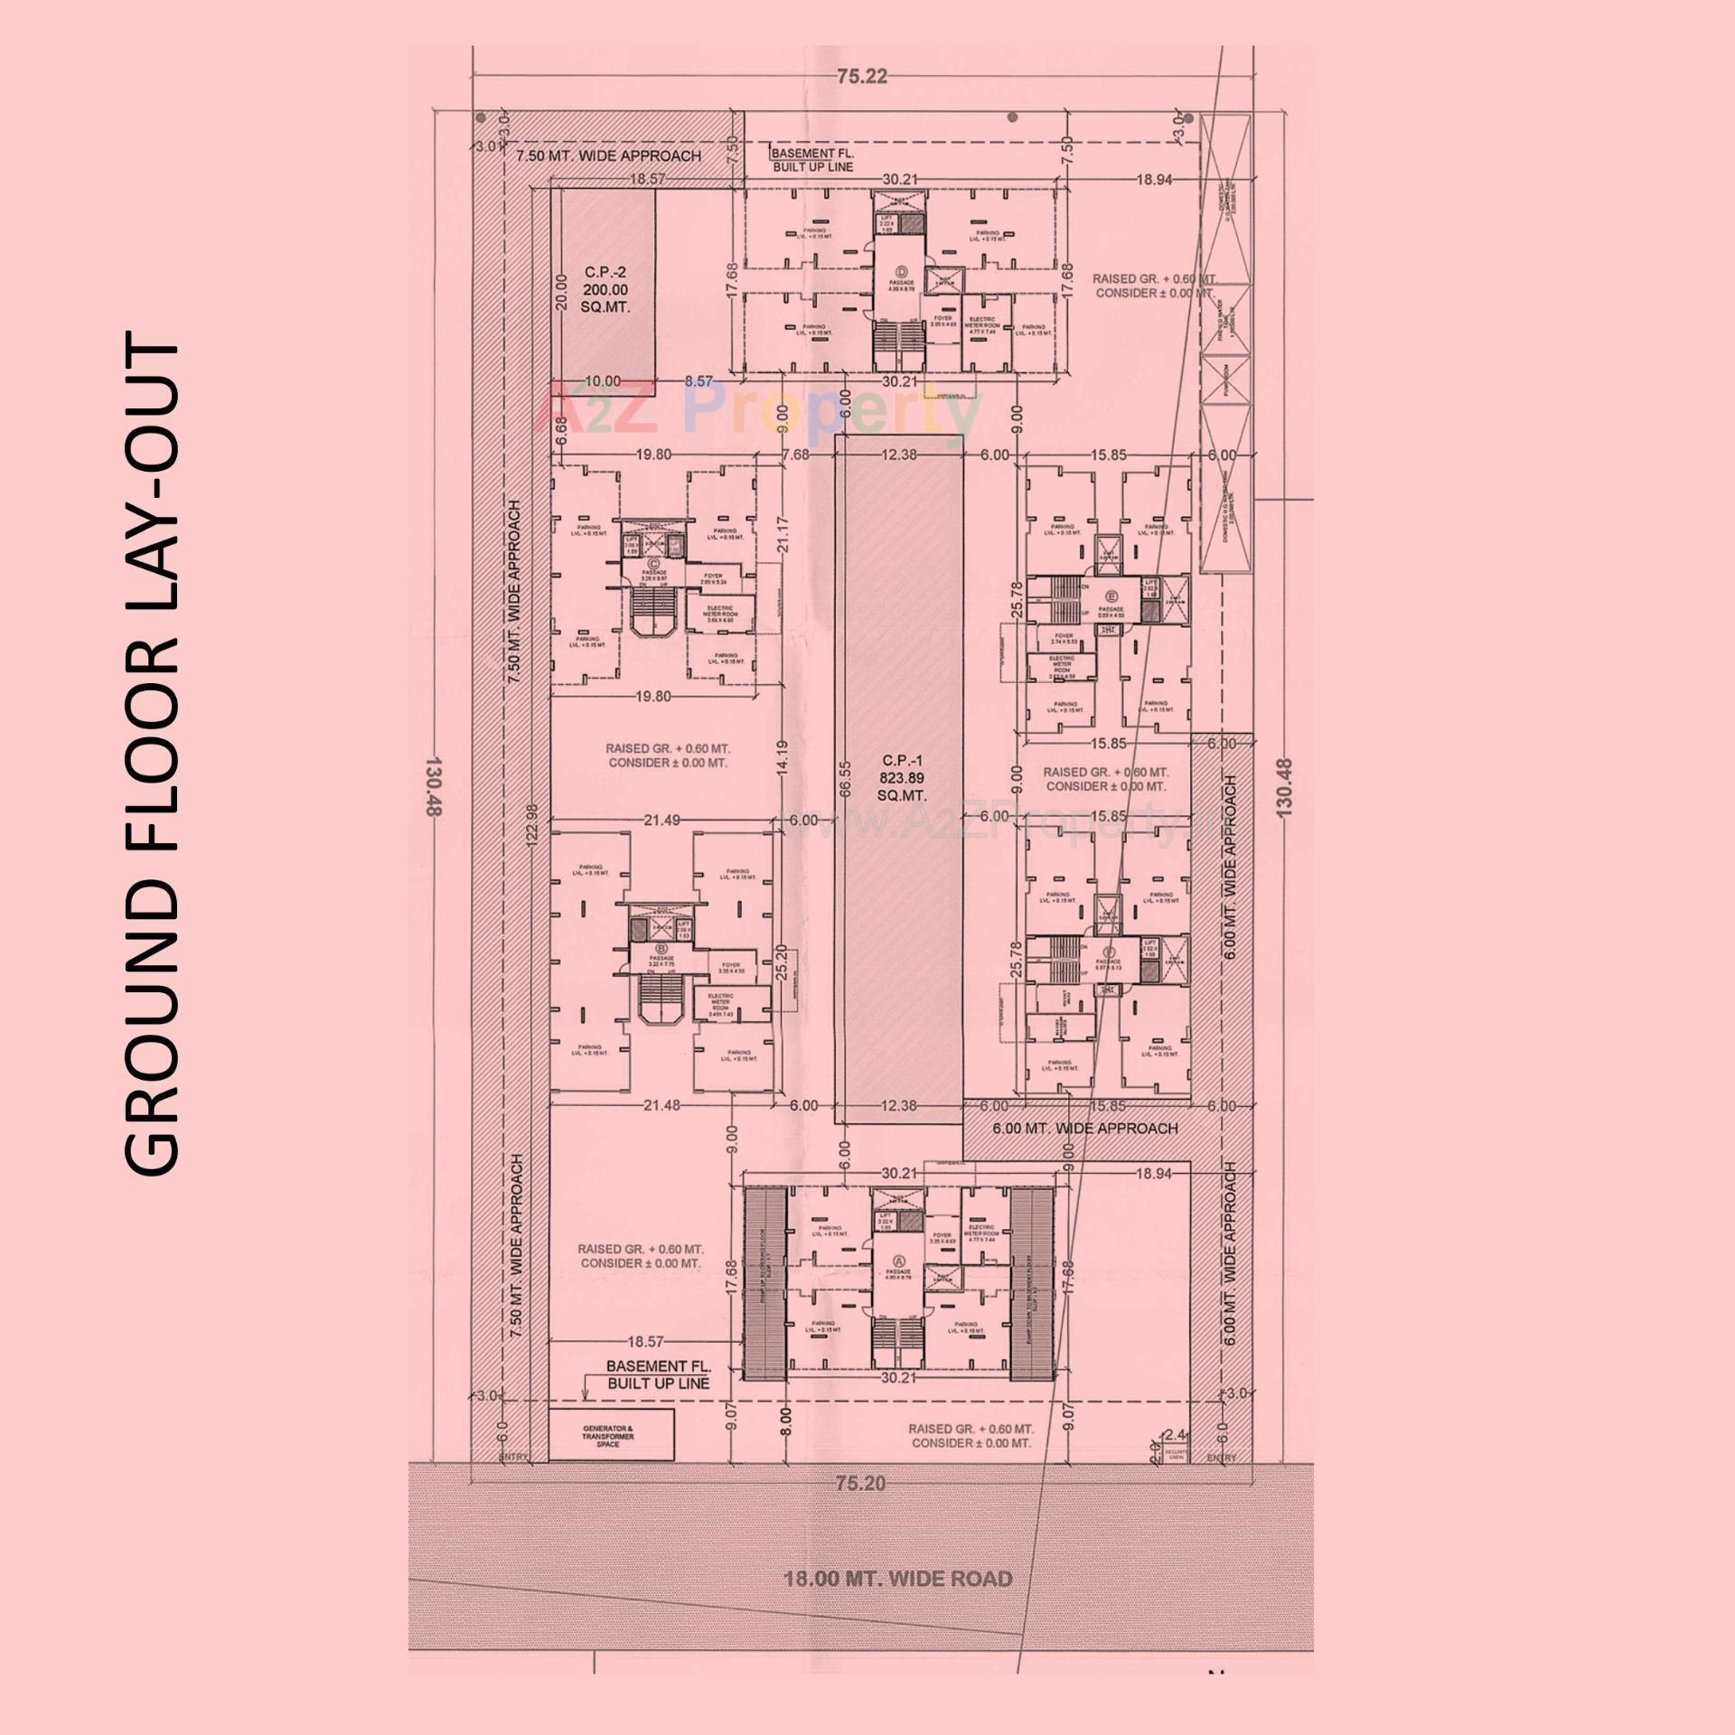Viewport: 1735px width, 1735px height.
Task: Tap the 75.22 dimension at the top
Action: (x=861, y=77)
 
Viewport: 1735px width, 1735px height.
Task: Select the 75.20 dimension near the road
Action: (x=860, y=1483)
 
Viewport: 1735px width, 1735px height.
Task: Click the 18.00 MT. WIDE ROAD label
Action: (x=896, y=1579)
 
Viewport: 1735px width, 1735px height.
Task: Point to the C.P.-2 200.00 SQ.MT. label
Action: (x=605, y=290)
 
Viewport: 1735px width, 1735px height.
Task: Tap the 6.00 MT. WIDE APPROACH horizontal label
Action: (x=1084, y=1129)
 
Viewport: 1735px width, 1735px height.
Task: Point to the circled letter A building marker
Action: (x=898, y=1261)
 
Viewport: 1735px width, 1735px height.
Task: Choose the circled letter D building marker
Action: (x=900, y=271)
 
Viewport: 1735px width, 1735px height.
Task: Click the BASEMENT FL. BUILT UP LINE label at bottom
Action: (x=658, y=1374)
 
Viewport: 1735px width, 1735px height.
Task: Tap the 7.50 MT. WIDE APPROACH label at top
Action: (x=608, y=156)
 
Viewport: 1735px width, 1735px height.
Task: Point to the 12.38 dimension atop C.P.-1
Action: (x=898, y=455)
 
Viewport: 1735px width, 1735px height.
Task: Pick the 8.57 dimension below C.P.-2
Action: (x=699, y=381)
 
